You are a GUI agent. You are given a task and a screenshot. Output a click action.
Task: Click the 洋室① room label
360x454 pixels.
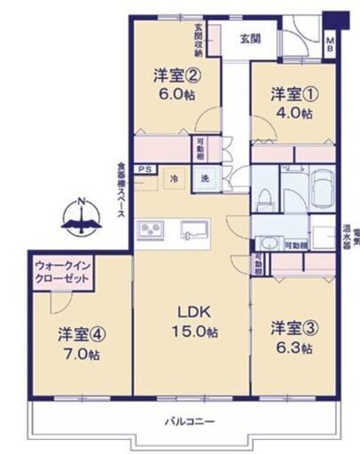(x=292, y=93)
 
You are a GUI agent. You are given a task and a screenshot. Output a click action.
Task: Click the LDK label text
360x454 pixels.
(x=194, y=311)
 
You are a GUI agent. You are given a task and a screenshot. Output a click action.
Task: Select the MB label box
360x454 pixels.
(x=330, y=45)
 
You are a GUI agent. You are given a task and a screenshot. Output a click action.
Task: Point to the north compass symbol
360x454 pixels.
(x=82, y=213)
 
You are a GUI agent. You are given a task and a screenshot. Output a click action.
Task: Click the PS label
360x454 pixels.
(x=144, y=169)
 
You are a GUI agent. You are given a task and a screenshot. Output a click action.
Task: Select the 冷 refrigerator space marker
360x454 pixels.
(x=175, y=176)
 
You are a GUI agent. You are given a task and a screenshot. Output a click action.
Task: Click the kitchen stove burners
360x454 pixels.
(x=151, y=230)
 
